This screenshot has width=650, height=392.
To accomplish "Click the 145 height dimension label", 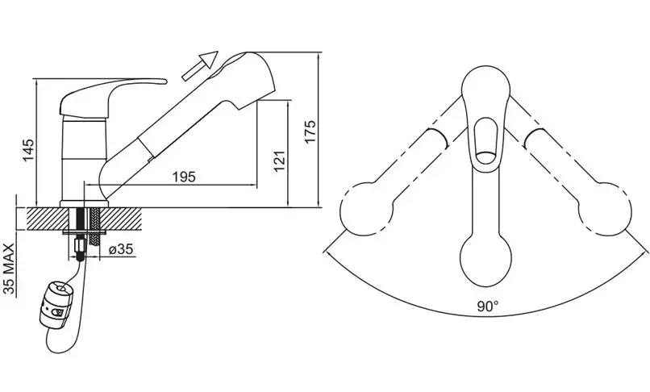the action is [x=29, y=151].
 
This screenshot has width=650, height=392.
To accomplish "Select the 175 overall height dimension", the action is [x=310, y=131].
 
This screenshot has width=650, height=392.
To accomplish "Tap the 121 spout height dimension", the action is [x=280, y=161].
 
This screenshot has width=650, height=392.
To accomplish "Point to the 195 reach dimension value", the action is [x=184, y=177].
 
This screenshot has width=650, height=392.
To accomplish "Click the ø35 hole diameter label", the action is [x=120, y=249].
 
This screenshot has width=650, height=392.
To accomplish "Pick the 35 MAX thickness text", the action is [x=9, y=269].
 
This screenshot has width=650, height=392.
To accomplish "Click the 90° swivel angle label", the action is [x=487, y=307].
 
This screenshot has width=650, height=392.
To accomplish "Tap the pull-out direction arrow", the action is [x=200, y=65].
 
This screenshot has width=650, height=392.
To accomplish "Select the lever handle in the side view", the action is [x=109, y=95].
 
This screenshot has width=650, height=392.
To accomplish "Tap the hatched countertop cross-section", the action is [x=84, y=219].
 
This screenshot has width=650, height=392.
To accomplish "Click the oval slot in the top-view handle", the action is [x=485, y=140].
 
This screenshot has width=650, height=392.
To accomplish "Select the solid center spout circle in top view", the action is [x=485, y=260].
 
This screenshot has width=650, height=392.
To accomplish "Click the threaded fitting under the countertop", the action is [x=80, y=248].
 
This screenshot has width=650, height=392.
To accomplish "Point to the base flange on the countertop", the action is [x=85, y=204].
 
